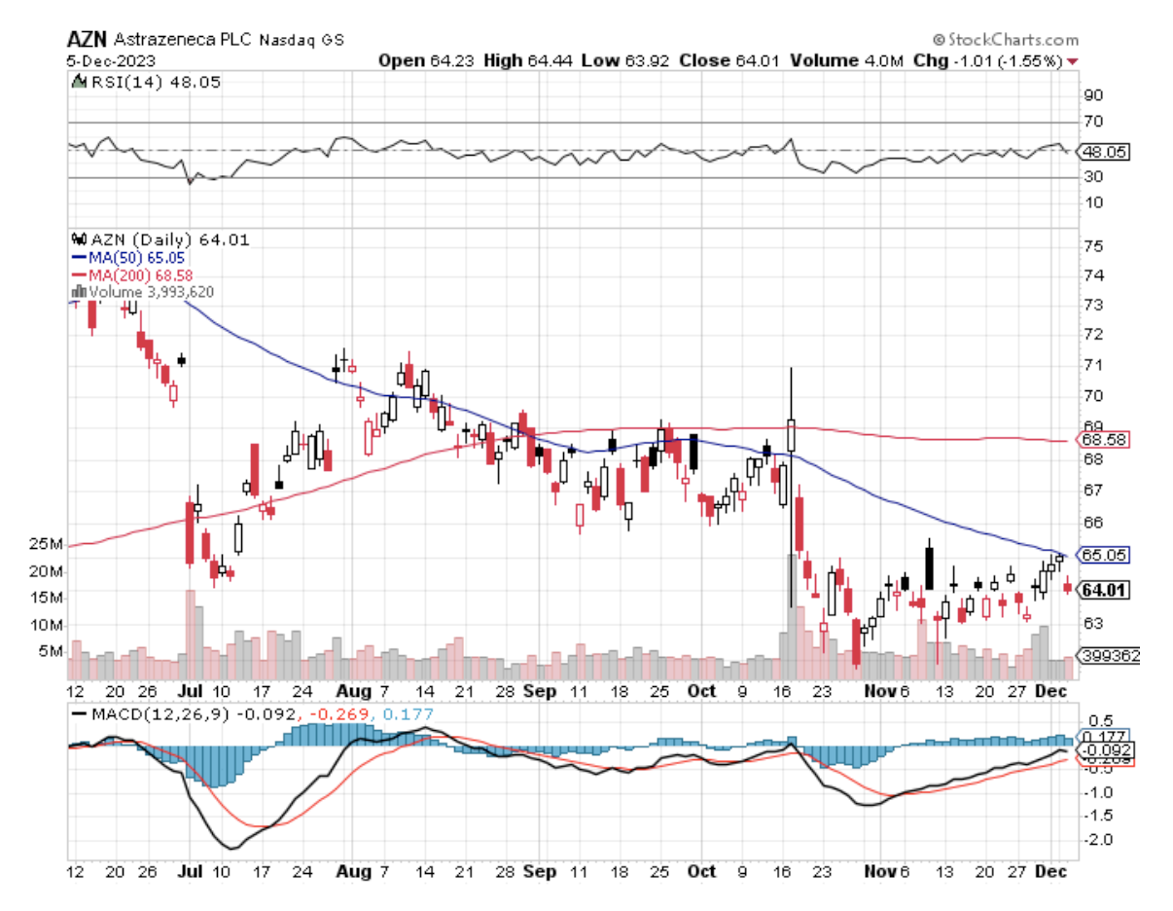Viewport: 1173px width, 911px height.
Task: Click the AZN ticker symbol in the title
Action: pos(87,40)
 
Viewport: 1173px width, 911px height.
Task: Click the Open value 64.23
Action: pos(452,60)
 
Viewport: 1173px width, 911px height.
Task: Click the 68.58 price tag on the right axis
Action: pos(1105,441)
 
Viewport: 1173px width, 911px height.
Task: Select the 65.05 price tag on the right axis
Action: pos(1105,555)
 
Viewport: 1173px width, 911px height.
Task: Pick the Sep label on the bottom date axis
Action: pos(542,872)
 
